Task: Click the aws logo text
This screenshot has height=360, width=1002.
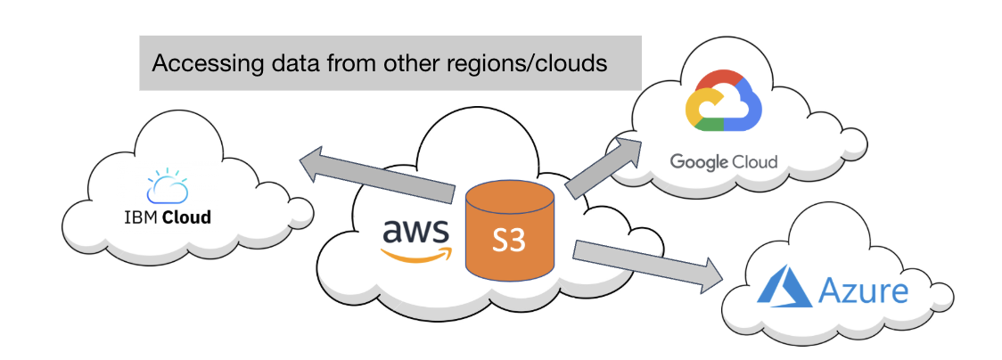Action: tap(415, 230)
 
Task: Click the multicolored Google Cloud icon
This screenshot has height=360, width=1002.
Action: tap(724, 102)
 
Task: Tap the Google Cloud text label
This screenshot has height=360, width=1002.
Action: tap(724, 162)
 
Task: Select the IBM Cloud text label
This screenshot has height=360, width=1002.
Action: tap(168, 217)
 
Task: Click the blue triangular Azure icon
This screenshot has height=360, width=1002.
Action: tap(783, 290)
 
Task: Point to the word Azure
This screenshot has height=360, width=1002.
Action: tap(864, 290)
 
